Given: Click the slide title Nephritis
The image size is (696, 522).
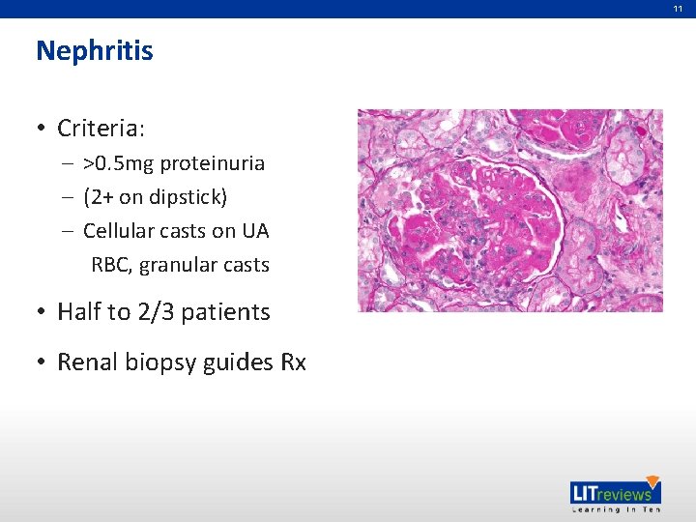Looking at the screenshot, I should tap(94, 50).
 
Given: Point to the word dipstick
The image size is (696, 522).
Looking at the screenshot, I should tap(186, 197).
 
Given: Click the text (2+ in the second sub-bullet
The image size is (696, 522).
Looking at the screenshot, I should tap(98, 197).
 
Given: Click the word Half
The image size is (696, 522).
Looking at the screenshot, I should tap(79, 312).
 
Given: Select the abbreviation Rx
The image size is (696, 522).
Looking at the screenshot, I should tap(293, 362).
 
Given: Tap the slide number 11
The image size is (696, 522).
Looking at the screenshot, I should tap(678, 8).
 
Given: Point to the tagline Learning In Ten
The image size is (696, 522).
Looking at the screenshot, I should tap(612, 508).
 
